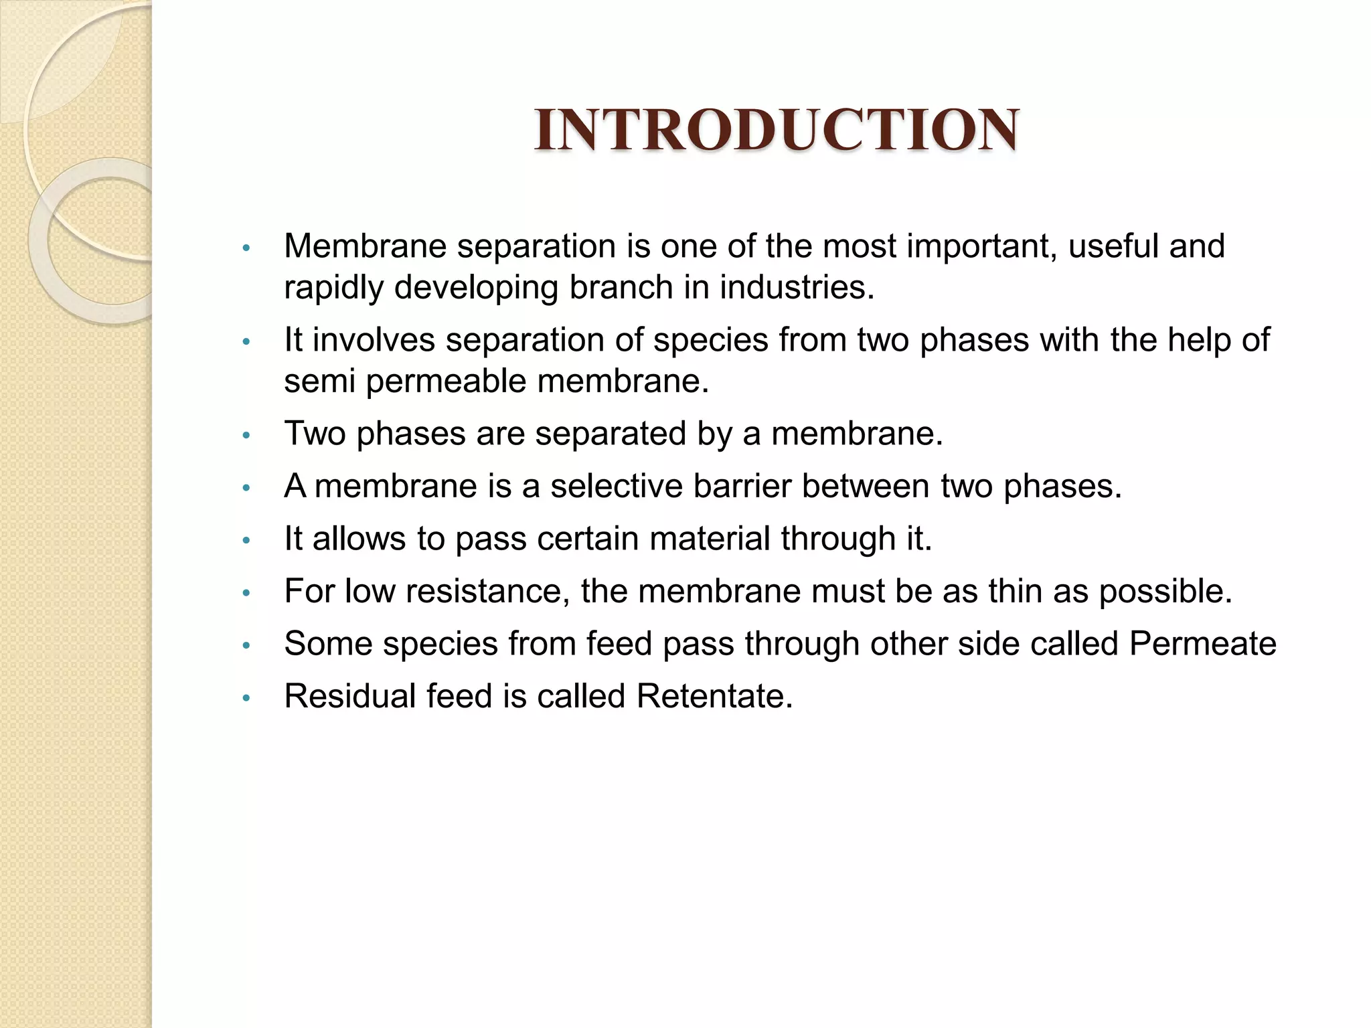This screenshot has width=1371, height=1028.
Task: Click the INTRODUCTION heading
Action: pyautogui.click(x=777, y=130)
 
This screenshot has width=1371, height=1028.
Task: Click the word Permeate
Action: pyautogui.click(x=1202, y=644)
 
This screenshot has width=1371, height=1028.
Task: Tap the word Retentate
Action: pyautogui.click(x=714, y=696)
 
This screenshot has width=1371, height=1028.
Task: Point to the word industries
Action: pyautogui.click(x=797, y=288)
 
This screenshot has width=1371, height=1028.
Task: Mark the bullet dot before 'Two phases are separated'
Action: pyautogui.click(x=246, y=436)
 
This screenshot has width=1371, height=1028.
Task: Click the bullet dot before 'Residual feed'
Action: pyautogui.click(x=246, y=699)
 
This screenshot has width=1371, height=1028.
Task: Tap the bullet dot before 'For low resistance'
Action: pyautogui.click(x=246, y=594)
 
